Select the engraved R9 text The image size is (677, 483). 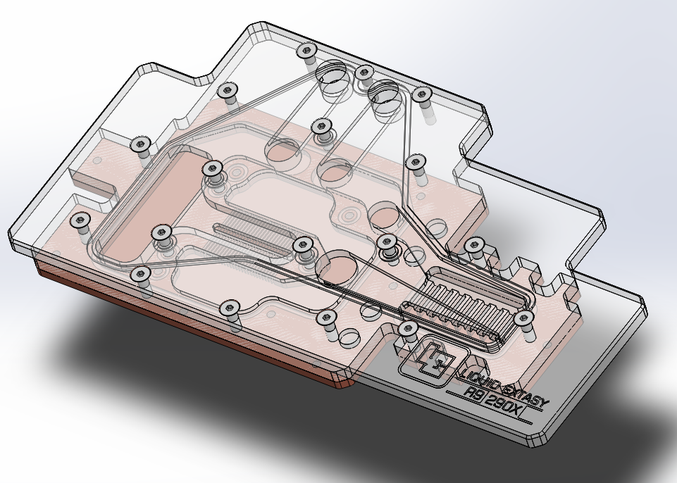tap(473, 393)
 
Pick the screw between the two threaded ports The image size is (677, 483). tap(365, 73)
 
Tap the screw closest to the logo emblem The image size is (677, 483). tap(408, 330)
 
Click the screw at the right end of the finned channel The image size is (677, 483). tap(524, 319)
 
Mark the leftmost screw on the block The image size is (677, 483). tap(80, 220)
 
